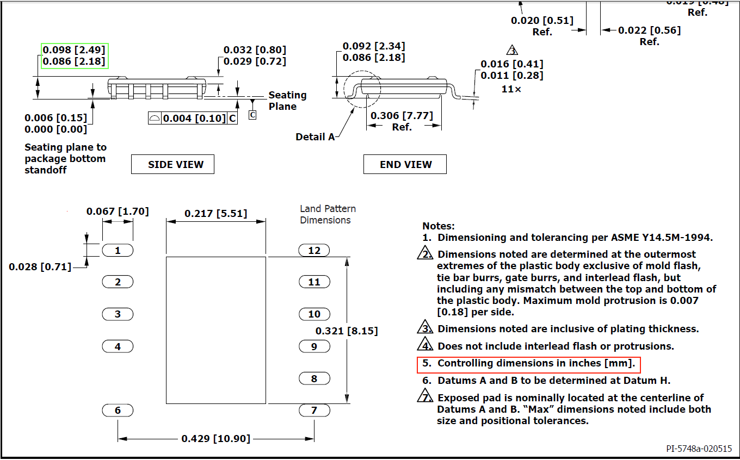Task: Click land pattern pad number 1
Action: coord(118,250)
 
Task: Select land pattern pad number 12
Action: coord(314,250)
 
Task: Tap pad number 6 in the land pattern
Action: coord(118,411)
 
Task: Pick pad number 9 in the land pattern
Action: coord(314,346)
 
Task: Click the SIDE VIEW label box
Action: coord(172,164)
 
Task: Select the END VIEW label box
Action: coord(405,164)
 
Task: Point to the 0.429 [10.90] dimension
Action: coord(215,439)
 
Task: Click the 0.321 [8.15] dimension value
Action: coord(347,331)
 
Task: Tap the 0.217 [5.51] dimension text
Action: coord(215,214)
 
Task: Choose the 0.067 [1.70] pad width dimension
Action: coord(118,211)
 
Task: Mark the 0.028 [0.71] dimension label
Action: coord(40,266)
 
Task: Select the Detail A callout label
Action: coord(315,137)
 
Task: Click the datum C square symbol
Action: coord(252,115)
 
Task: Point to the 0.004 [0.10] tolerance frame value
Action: coord(194,118)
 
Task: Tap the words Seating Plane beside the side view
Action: coord(287,101)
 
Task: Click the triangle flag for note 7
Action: coord(425,397)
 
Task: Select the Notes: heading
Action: coord(438,226)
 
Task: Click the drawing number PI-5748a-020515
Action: coord(699,449)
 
